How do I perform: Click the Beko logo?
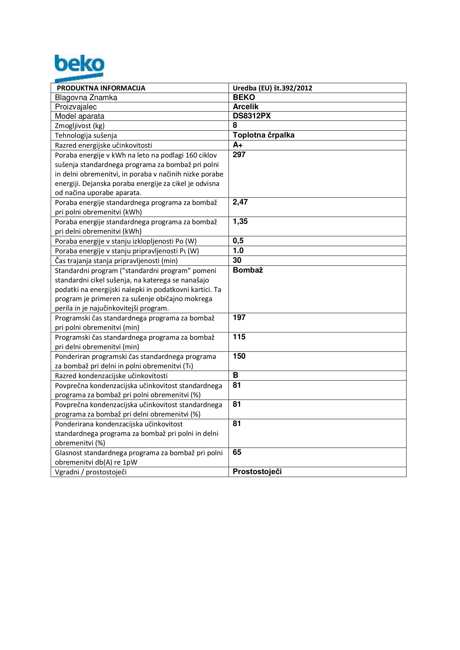79,68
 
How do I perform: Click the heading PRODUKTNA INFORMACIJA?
101,88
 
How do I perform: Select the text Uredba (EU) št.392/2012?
272,88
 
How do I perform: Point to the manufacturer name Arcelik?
246,107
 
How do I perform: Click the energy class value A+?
237,145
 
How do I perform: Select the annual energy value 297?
239,155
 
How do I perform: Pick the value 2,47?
240,202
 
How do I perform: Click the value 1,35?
240,221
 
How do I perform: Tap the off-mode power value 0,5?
238,241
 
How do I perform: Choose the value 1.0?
238,251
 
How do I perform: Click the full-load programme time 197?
239,318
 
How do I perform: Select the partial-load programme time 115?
239,337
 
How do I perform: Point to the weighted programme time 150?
239,356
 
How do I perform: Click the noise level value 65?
237,452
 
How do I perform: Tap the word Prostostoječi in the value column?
257,472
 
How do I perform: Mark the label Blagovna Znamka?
86,98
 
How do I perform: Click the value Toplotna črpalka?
263,135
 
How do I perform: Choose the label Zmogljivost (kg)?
80,126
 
